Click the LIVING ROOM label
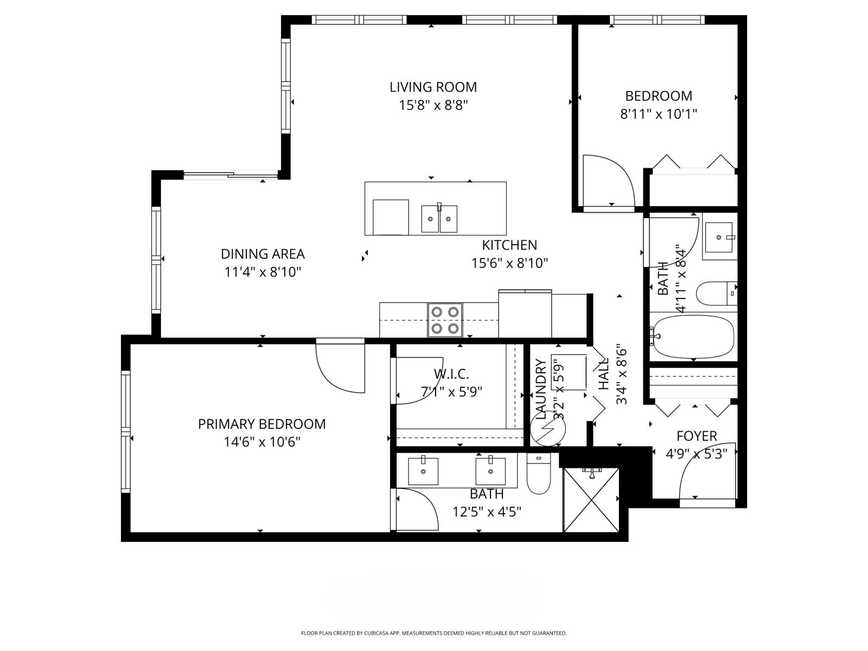433,87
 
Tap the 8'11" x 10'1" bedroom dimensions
658,114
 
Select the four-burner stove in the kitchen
445,320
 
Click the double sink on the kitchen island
439,219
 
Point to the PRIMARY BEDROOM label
261,424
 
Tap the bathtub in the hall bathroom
693,336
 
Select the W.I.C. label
451,374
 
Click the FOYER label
697,436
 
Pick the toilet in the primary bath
539,474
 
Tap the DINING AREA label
263,254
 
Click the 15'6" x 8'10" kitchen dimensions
509,264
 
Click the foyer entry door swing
705,475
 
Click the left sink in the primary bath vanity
423,471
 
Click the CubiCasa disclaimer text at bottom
433,633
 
